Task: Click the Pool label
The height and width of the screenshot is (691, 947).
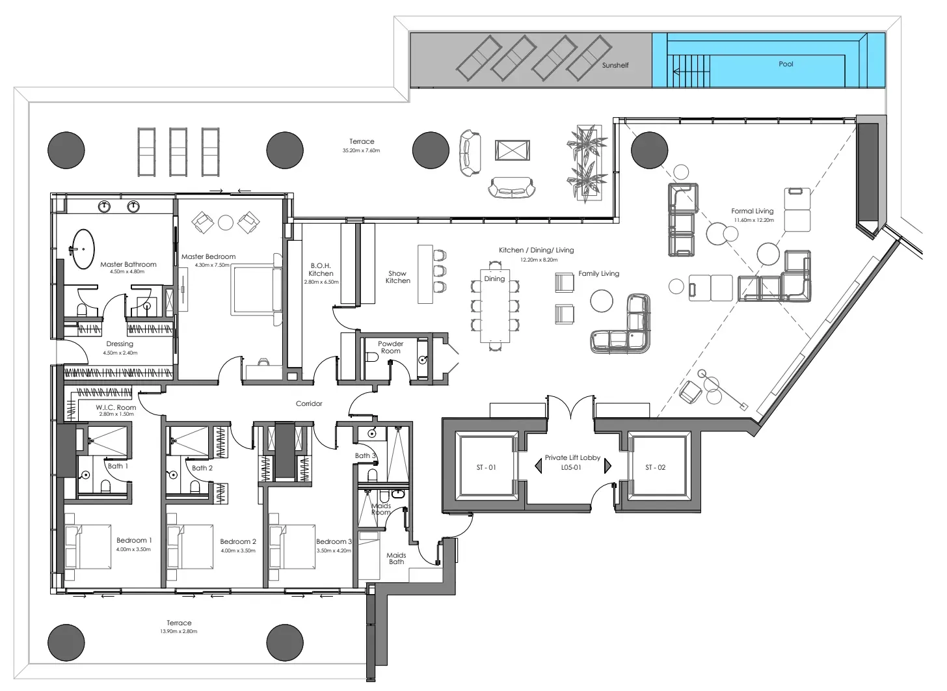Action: tap(786, 64)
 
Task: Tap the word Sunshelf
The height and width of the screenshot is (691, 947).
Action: tap(615, 65)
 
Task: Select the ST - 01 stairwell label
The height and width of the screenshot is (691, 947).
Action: tap(487, 467)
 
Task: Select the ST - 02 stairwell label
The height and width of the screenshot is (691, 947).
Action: tap(656, 467)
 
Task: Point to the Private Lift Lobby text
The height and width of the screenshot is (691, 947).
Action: tap(572, 457)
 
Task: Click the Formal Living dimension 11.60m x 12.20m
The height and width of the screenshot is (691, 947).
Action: tap(754, 220)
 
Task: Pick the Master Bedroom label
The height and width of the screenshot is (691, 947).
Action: tap(208, 256)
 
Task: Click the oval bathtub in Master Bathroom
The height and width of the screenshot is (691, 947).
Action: tap(83, 249)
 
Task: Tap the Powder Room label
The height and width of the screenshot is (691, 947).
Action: tap(391, 347)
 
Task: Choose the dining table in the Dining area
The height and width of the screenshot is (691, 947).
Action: tap(494, 306)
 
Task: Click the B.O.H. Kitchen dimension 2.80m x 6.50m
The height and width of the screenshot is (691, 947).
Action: tap(321, 282)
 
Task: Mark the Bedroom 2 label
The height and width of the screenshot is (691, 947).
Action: tap(238, 541)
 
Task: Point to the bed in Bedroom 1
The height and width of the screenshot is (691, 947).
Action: tap(88, 547)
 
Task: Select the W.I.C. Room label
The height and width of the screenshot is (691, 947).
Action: tap(116, 407)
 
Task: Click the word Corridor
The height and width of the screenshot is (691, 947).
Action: tap(309, 403)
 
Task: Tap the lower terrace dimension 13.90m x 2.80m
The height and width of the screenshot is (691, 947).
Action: tap(178, 631)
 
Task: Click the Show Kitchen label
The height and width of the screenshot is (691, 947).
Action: tap(397, 277)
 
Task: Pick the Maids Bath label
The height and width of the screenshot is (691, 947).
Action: tap(396, 558)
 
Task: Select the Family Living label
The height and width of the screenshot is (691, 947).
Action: tap(598, 274)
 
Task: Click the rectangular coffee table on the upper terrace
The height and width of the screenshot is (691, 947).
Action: tap(513, 150)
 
